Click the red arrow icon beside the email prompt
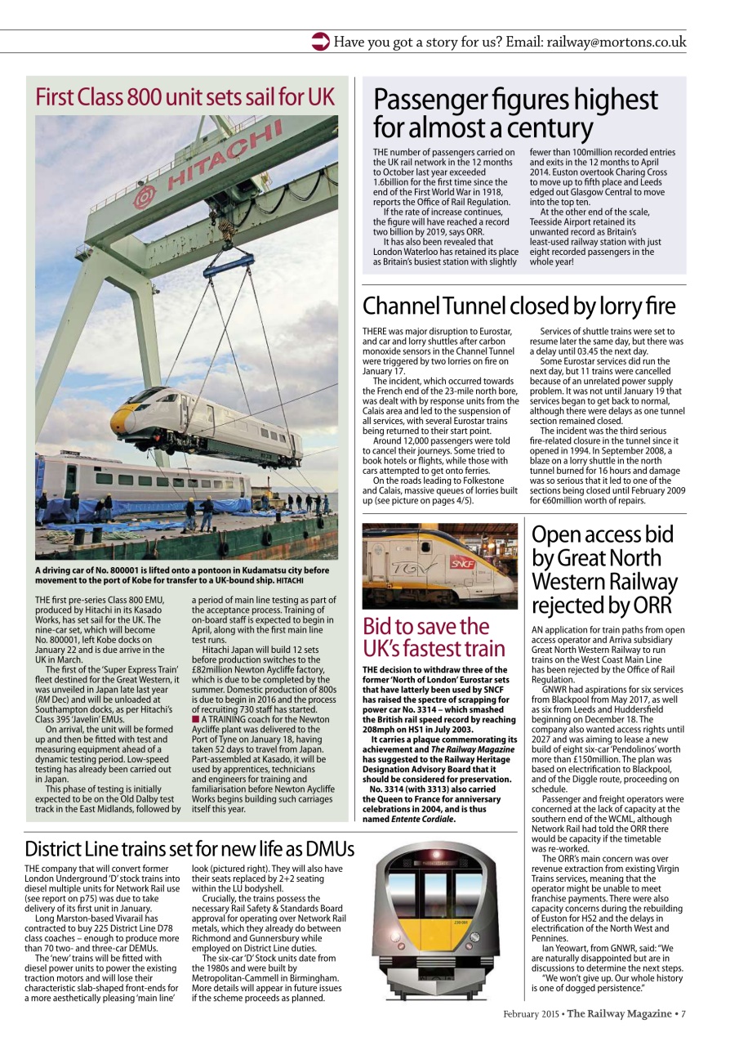coord(321,42)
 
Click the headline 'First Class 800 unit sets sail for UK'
coord(185,97)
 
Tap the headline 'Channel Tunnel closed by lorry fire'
coord(519,306)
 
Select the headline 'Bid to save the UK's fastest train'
coord(434,638)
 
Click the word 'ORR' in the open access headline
coord(651,606)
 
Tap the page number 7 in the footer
coord(683,1014)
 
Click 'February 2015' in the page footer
coord(532,1014)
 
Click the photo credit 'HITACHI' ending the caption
coord(289,581)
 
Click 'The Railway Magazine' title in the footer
coord(620,1014)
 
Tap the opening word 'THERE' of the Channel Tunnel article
coord(377,331)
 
